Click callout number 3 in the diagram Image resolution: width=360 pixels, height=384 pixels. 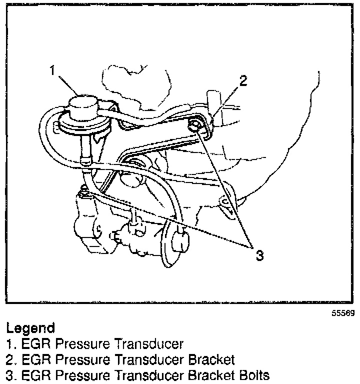pyautogui.click(x=259, y=255)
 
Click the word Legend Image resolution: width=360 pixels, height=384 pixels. pyautogui.click(x=30, y=328)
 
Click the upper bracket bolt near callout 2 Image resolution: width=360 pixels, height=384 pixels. pyautogui.click(x=196, y=125)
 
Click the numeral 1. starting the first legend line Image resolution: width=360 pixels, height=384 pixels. pyautogui.click(x=10, y=344)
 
